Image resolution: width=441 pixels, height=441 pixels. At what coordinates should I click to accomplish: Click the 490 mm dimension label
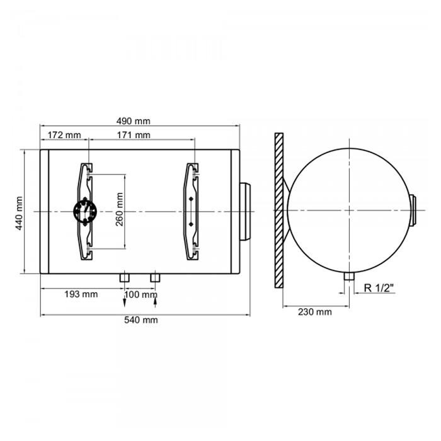pyautogui.click(x=134, y=121)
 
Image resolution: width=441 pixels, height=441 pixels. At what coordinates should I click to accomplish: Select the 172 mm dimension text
pyautogui.click(x=64, y=135)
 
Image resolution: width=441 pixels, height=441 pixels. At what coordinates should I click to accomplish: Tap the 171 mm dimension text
pyautogui.click(x=134, y=135)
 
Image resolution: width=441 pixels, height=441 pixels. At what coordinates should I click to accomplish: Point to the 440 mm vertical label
pyautogui.click(x=19, y=213)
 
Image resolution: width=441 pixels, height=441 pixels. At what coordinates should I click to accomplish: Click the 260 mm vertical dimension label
pyautogui.click(x=120, y=209)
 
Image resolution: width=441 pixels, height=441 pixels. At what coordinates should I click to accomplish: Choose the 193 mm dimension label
pyautogui.click(x=81, y=294)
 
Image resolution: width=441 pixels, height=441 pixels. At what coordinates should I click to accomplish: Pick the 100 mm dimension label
pyautogui.click(x=141, y=295)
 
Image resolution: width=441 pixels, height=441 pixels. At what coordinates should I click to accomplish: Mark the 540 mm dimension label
pyautogui.click(x=141, y=320)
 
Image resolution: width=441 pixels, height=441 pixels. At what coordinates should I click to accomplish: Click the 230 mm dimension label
pyautogui.click(x=315, y=312)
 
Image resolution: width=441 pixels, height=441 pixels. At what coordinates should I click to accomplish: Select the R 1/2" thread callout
pyautogui.click(x=379, y=288)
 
